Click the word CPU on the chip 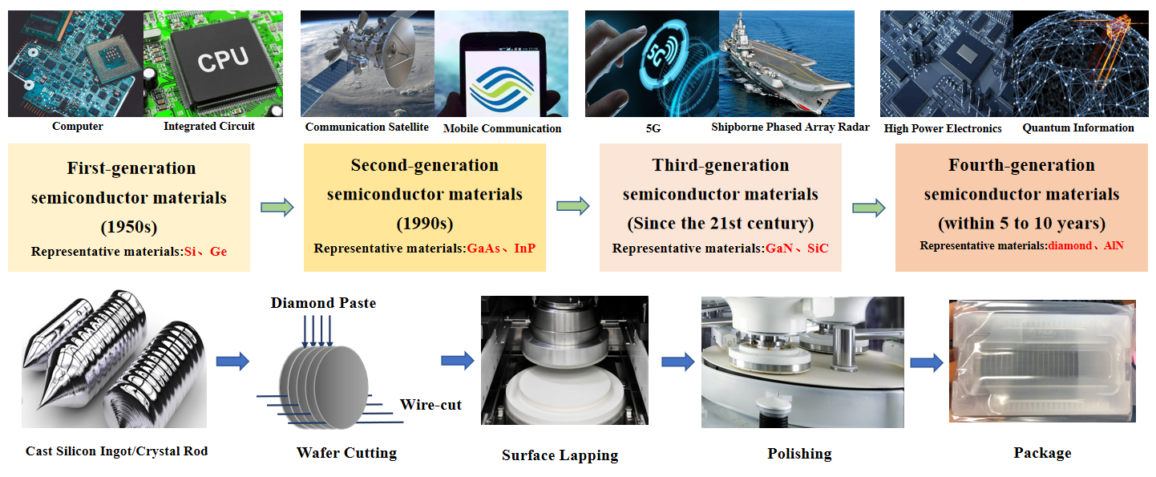pos(223,60)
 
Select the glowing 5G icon pos(661,55)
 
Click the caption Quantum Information pos(1078,127)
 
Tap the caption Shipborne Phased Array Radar pos(790,127)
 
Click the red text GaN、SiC pos(797,249)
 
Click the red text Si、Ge pos(205,252)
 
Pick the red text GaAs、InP pos(501,249)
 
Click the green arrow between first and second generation pos(277,208)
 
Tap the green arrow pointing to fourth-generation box pos(869,208)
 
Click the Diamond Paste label pos(324,303)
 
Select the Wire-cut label pos(430,405)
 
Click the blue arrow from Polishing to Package pos(927,362)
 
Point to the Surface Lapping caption pos(560,455)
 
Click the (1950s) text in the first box pos(129,227)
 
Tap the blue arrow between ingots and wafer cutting pos(232,361)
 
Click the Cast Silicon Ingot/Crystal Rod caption pos(116,451)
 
